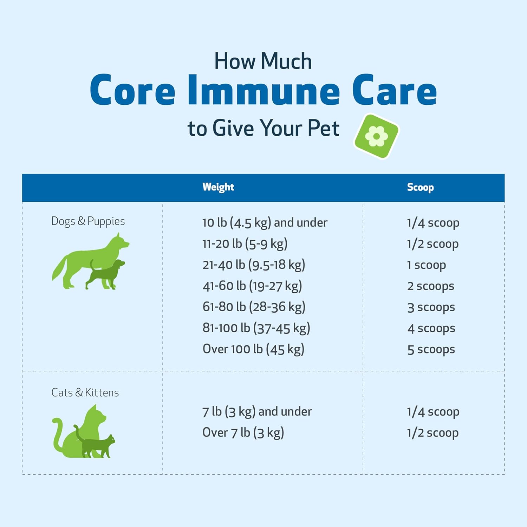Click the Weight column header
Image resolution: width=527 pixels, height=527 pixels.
point(218,187)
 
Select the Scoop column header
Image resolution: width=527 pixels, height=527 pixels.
point(420,187)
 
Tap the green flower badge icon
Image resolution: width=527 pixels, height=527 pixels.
point(377,136)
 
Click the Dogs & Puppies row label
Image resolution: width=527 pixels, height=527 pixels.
point(88,221)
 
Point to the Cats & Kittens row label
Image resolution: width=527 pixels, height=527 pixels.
point(85,392)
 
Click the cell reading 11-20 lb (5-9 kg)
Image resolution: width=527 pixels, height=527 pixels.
point(245,244)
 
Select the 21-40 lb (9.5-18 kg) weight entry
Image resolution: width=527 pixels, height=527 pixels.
point(254,265)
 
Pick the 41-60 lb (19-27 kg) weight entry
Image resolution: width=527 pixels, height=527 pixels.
point(252,286)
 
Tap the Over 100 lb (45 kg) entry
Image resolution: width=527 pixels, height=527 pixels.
point(253,349)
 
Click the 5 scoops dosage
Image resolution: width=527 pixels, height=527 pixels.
point(431,350)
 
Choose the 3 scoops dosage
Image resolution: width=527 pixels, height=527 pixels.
point(431,307)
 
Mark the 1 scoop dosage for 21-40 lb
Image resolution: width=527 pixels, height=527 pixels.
point(427,265)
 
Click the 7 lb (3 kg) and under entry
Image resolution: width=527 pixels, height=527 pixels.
point(257,412)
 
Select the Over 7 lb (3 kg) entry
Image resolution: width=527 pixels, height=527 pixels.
point(243,433)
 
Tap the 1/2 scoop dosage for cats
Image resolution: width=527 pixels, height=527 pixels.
point(433,433)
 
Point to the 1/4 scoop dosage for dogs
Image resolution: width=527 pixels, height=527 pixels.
point(433,223)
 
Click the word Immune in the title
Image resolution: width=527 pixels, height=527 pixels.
point(264,90)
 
